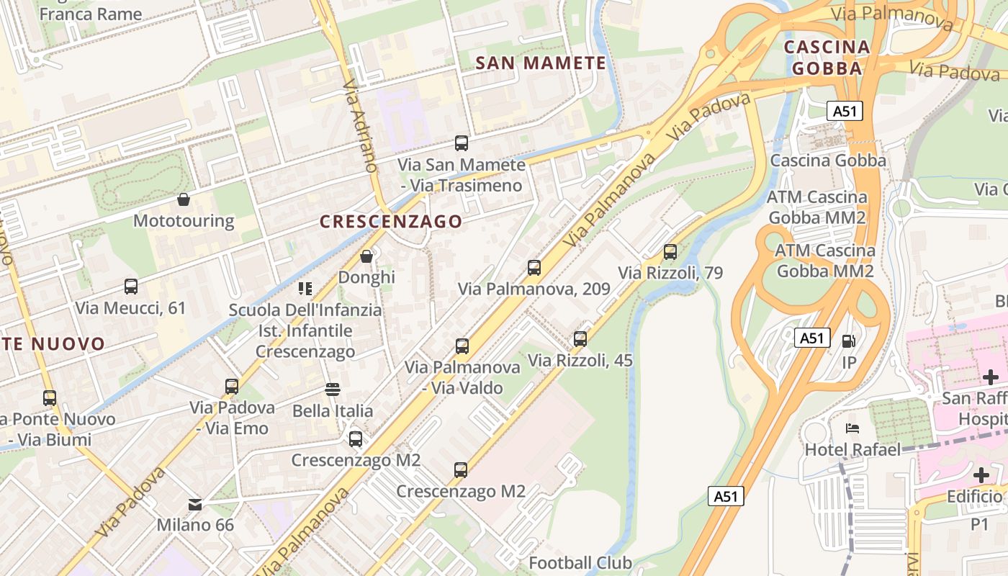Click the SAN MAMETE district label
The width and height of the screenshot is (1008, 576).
tap(541, 63)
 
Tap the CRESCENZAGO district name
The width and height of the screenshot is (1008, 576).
tap(391, 221)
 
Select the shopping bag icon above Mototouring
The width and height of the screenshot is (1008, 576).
tap(184, 199)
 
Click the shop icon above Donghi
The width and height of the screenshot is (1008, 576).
tap(366, 256)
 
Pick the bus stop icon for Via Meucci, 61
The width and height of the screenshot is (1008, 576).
tap(131, 287)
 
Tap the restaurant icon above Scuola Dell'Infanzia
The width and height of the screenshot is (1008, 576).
tap(305, 289)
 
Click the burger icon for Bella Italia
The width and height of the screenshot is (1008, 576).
tap(333, 390)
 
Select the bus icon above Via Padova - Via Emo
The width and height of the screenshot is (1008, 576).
tap(232, 387)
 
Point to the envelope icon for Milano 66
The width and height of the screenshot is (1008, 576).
tap(195, 504)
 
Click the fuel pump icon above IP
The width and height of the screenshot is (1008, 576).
tap(850, 341)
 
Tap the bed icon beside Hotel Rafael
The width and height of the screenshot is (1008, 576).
tap(852, 428)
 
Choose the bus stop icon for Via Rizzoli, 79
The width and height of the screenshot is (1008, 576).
tap(670, 252)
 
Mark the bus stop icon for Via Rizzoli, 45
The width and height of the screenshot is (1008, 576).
tap(580, 339)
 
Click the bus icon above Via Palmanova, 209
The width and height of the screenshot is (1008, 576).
tap(534, 268)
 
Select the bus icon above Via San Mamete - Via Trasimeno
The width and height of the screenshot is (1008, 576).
tap(462, 143)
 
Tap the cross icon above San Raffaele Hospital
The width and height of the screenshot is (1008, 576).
tap(991, 377)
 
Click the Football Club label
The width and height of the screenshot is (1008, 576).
tap(580, 562)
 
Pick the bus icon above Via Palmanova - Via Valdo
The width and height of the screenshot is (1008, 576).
tap(462, 346)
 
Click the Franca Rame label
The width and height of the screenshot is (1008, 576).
tap(91, 13)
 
